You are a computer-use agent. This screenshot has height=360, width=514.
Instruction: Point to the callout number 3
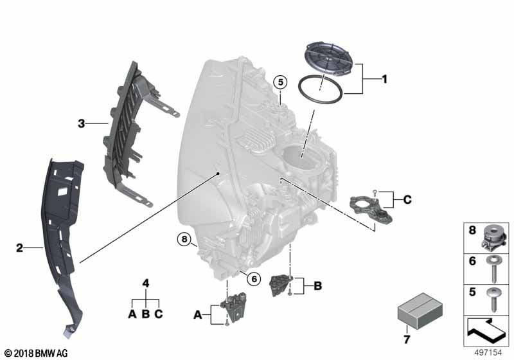tap(82, 123)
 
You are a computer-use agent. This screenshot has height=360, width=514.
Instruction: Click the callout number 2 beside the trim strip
tap(19, 247)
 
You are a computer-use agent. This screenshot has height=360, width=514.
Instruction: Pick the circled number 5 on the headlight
tap(279, 82)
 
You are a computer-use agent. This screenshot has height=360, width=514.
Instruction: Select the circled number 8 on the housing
tap(185, 241)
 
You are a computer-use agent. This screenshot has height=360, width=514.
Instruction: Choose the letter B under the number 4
tap(146, 314)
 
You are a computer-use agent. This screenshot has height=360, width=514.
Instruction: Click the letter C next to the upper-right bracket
tap(406, 200)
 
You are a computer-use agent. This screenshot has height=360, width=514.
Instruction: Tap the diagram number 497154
tap(490, 352)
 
